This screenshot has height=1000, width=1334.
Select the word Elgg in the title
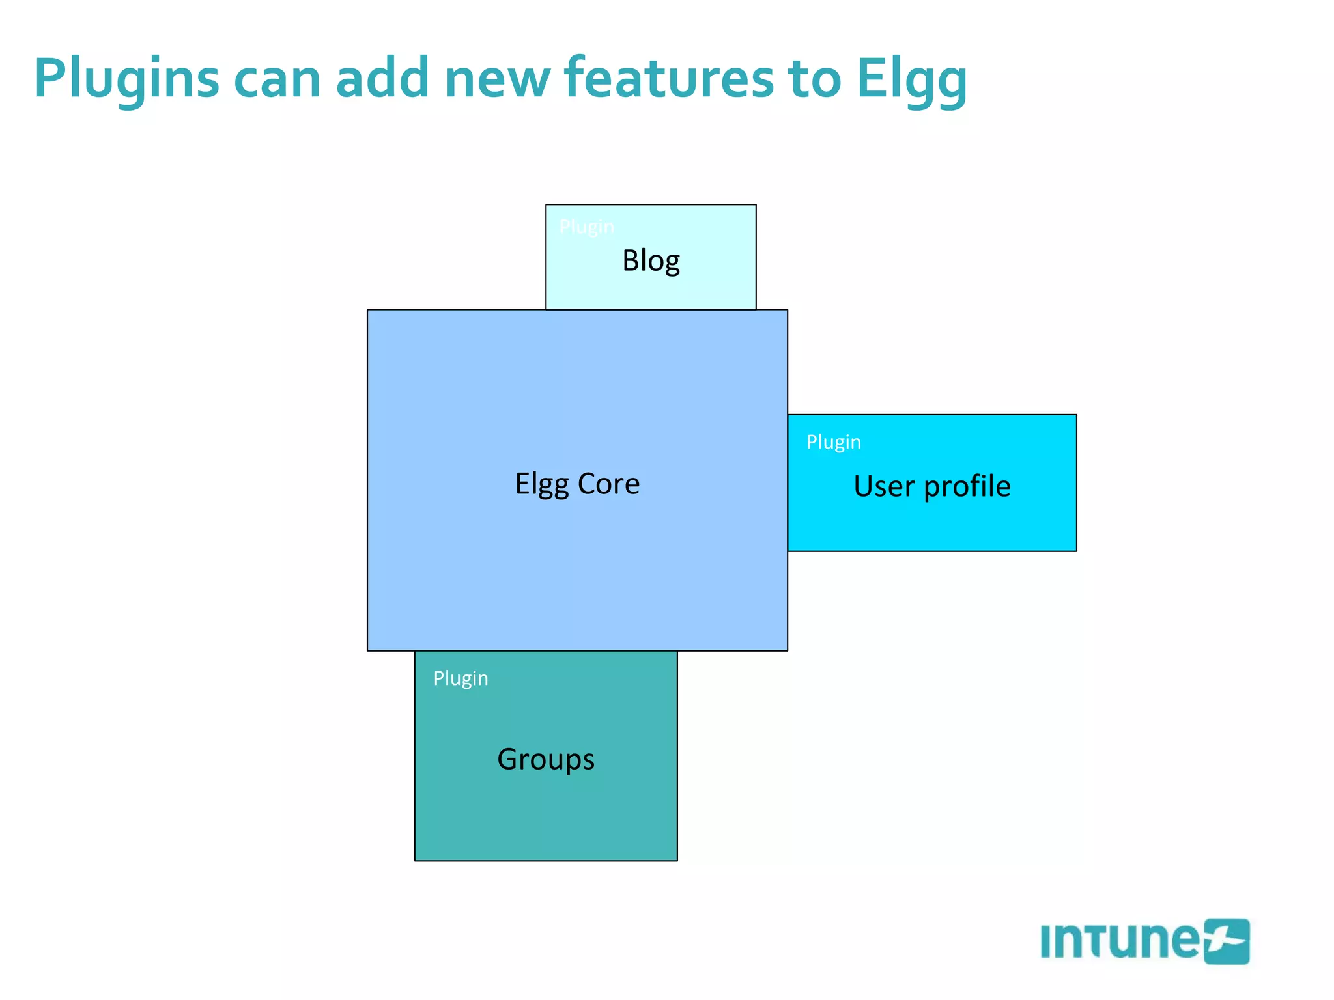911,79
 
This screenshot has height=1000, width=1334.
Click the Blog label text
651,261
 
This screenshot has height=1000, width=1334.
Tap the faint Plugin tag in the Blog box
586,227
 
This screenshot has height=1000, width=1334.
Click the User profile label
931,486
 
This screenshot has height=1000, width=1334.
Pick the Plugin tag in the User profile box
833,442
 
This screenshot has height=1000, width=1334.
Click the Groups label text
546,759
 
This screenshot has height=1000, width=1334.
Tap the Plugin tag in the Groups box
461,678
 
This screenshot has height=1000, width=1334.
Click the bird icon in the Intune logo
1226,941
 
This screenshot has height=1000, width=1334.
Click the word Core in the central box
608,484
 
